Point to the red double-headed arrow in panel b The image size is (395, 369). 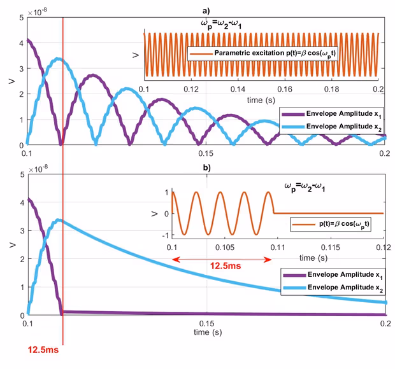[222, 260]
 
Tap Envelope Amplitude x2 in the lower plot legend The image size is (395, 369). [336, 288]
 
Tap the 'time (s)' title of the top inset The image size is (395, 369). [262, 99]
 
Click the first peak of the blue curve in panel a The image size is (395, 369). [59, 60]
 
